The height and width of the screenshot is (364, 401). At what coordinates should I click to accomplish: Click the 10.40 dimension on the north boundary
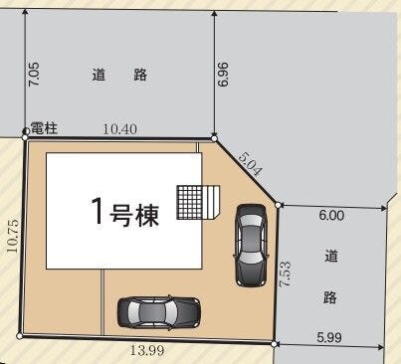click(119, 128)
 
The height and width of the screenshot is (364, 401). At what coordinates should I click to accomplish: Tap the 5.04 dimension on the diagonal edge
click(250, 164)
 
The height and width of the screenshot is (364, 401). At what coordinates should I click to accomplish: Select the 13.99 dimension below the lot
click(147, 350)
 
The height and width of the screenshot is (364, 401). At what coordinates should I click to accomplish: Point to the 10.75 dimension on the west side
click(12, 236)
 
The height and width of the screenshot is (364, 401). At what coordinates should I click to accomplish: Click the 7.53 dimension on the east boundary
click(286, 274)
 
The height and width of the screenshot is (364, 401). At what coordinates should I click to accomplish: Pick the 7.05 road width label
click(34, 75)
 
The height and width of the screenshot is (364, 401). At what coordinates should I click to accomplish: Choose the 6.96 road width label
click(223, 75)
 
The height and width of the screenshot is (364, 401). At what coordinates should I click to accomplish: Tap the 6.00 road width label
click(331, 216)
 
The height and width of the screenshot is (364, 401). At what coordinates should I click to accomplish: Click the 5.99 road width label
click(329, 337)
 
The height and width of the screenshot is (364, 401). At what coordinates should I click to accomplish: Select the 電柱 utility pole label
click(44, 128)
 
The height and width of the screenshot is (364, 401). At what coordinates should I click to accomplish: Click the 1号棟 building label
click(124, 212)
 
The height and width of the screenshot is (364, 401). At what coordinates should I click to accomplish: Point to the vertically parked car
click(251, 246)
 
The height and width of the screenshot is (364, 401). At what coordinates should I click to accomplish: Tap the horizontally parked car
click(159, 311)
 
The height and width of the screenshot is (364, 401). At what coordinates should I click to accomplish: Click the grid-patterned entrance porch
click(189, 202)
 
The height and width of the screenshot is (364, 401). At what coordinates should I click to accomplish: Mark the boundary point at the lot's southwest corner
click(20, 336)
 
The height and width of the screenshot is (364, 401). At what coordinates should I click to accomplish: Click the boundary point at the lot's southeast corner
click(274, 344)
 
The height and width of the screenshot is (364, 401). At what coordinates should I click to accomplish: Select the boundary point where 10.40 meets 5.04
click(214, 138)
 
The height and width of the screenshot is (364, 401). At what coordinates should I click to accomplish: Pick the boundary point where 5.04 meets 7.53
click(279, 205)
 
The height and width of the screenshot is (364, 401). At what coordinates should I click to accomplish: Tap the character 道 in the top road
click(99, 75)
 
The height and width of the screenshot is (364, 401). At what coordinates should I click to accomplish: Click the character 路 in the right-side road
click(330, 297)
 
